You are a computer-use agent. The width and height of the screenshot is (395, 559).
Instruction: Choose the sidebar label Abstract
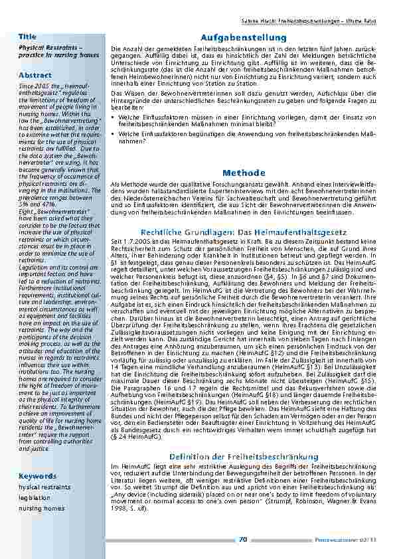[x=35, y=75]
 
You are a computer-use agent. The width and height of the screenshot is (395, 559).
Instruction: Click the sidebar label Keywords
[x=37, y=477]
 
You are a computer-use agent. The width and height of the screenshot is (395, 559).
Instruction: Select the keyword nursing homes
[x=42, y=508]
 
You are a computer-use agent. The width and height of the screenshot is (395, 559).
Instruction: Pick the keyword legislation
[x=35, y=497]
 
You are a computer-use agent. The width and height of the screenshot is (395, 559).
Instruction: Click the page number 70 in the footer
[x=243, y=540]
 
